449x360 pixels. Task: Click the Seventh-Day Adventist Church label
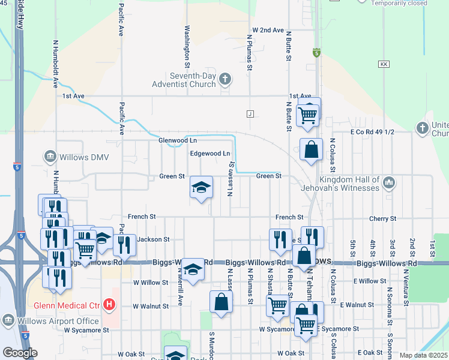[x=184, y=80]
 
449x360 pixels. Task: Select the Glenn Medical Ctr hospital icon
[x=109, y=305]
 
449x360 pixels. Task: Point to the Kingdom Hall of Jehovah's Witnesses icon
[x=388, y=181]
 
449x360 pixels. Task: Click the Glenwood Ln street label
[x=177, y=140]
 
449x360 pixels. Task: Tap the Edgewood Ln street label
[x=210, y=154]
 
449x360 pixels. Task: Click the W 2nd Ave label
[x=268, y=29]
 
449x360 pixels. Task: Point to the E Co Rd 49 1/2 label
[x=375, y=132]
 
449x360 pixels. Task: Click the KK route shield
[x=384, y=64]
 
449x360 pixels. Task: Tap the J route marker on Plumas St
[x=250, y=113]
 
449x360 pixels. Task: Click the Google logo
[x=20, y=352]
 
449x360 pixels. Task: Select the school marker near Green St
[x=202, y=188]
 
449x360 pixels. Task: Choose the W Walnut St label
[x=151, y=306]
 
